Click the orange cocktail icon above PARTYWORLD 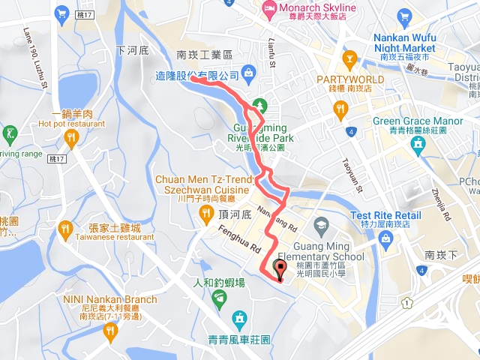349,58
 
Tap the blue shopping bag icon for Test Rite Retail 385,239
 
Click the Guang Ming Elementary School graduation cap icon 321,224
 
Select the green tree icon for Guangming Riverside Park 259,104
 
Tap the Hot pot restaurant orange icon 72,136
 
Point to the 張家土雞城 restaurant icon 65,227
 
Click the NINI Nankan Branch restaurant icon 111,329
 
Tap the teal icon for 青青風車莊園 239,320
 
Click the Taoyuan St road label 351,173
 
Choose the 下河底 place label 133,50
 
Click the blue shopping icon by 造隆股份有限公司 249,72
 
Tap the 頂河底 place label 235,213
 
